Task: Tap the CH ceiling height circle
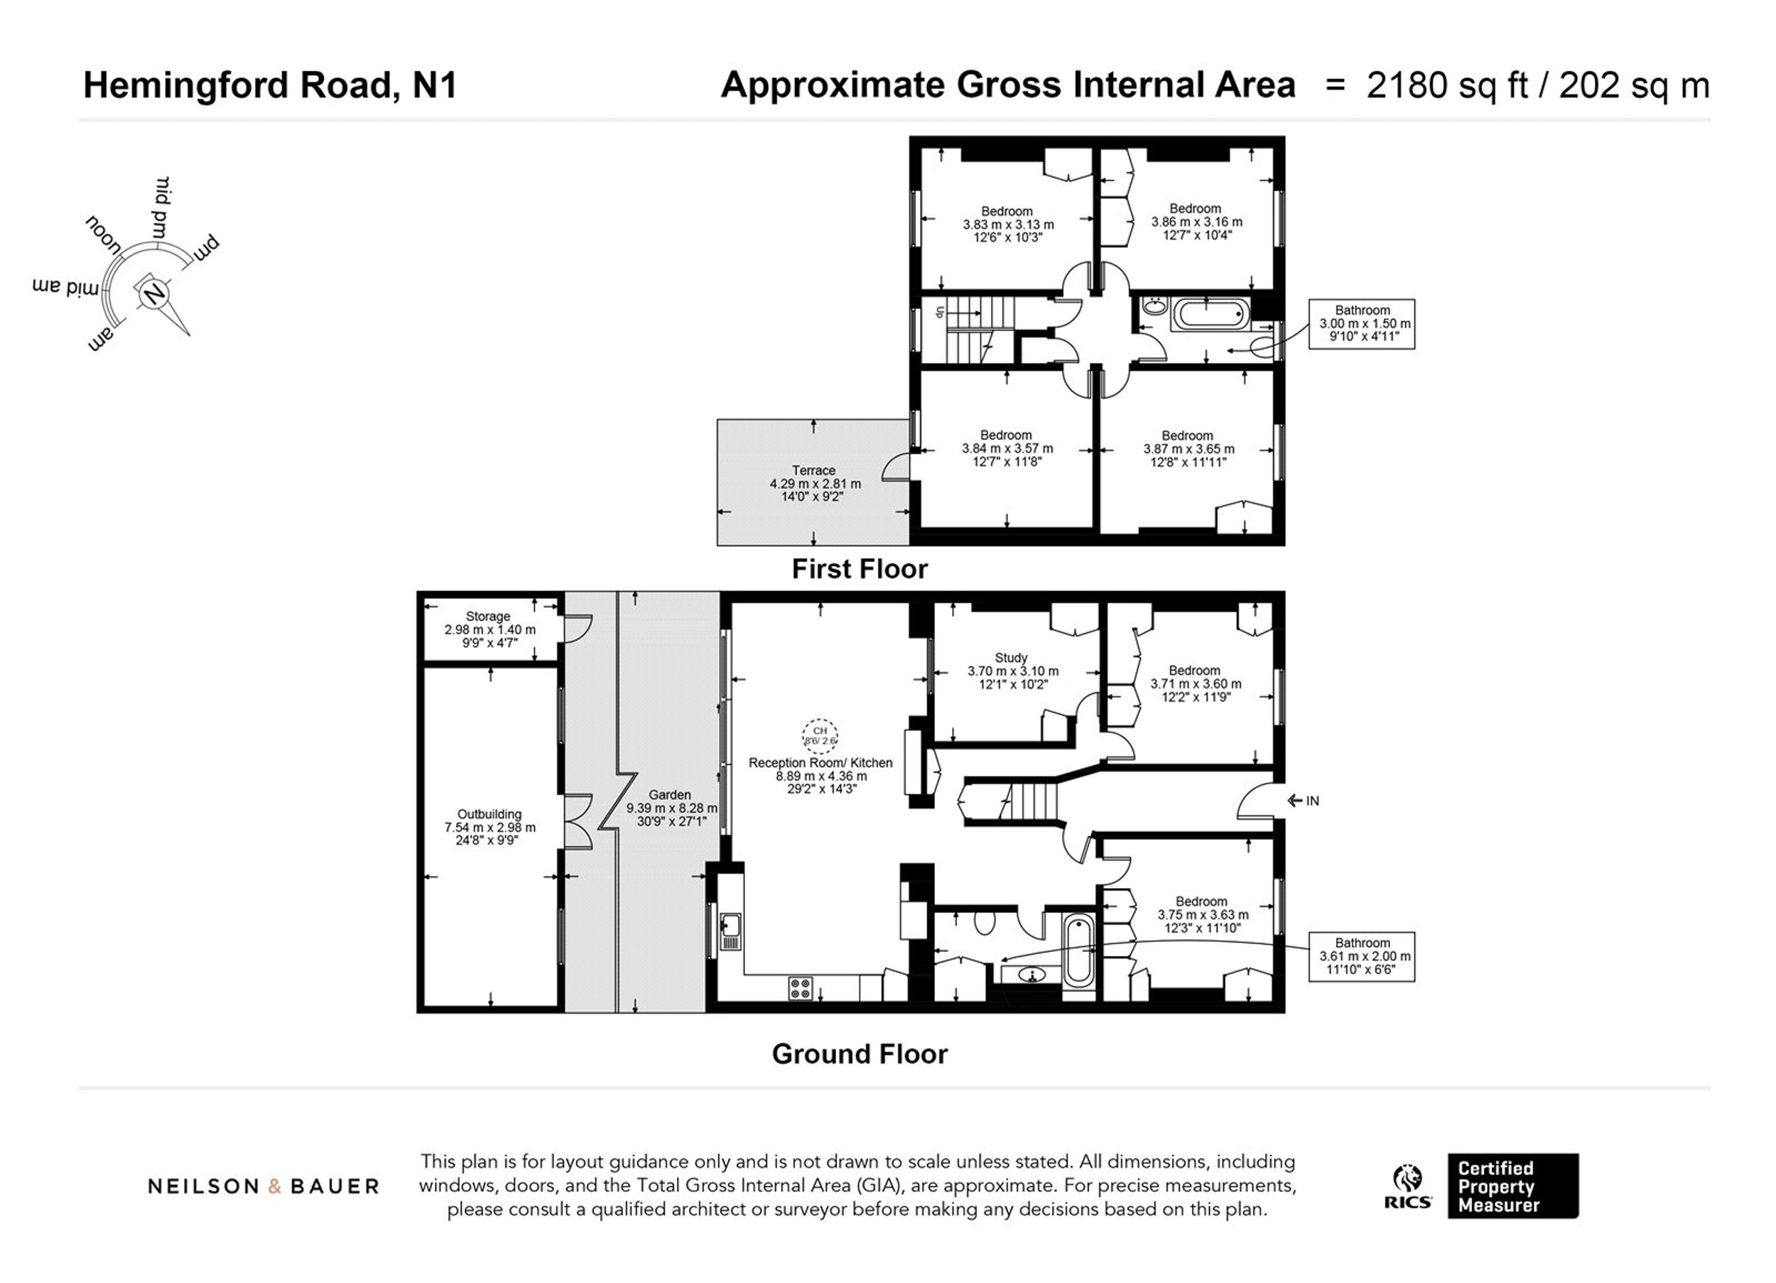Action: click(x=820, y=735)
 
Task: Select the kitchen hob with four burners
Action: click(x=801, y=987)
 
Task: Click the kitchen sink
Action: click(x=730, y=932)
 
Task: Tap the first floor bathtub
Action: click(x=1211, y=315)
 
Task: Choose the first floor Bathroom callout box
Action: click(x=1362, y=323)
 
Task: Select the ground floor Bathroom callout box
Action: click(x=1362, y=956)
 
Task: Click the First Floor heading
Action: click(x=860, y=568)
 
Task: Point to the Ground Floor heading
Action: click(x=860, y=1054)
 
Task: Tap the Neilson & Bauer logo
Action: click(x=263, y=1186)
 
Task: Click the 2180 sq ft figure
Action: click(x=1447, y=85)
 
